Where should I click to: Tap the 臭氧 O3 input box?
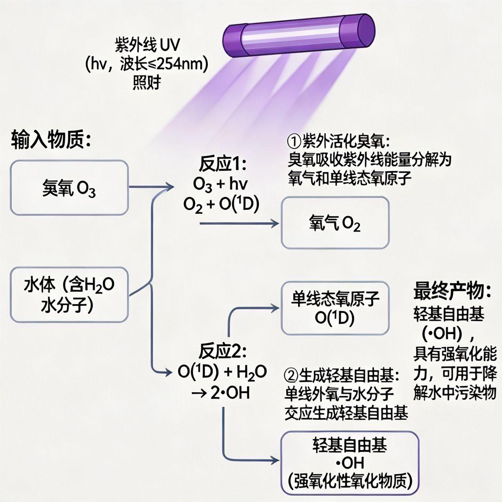coord(69,188)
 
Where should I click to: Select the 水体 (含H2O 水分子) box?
coord(69,295)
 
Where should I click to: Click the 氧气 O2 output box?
coord(335,223)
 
